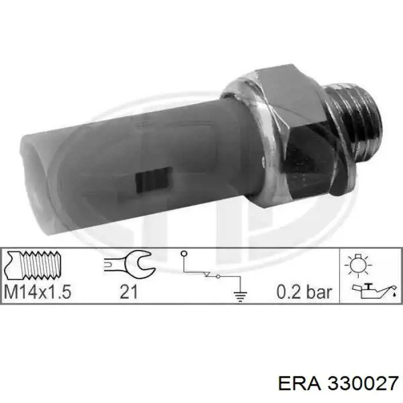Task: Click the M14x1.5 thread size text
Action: (37, 292)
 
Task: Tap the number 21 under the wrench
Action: (128, 292)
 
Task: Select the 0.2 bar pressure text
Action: (304, 292)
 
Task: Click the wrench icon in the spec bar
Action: (130, 263)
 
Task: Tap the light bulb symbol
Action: (358, 265)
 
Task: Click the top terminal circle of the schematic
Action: (184, 254)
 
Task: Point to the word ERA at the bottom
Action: (299, 384)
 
